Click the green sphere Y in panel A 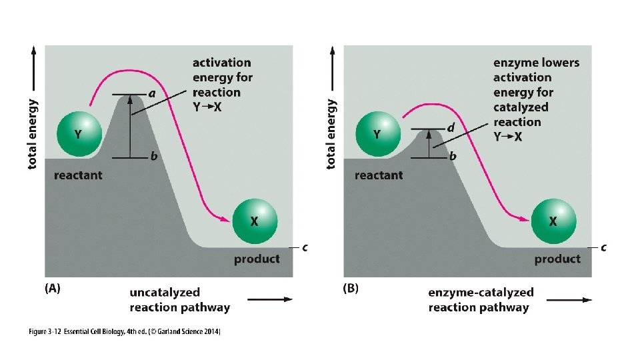pyautogui.click(x=78, y=134)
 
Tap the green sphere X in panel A pyautogui.click(x=253, y=221)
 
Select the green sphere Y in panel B pyautogui.click(x=377, y=134)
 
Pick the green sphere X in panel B pyautogui.click(x=553, y=221)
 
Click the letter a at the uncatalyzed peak pyautogui.click(x=152, y=94)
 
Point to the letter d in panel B pyautogui.click(x=451, y=127)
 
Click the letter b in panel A pyautogui.click(x=154, y=157)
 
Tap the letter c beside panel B pyautogui.click(x=603, y=247)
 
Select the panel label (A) pyautogui.click(x=53, y=289)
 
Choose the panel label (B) pyautogui.click(x=351, y=289)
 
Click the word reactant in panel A pyautogui.click(x=79, y=175)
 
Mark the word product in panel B pyautogui.click(x=557, y=259)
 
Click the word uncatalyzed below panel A pyautogui.click(x=165, y=292)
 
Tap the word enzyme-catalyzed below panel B pyautogui.click(x=481, y=292)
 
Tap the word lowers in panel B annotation pyautogui.click(x=555, y=63)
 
